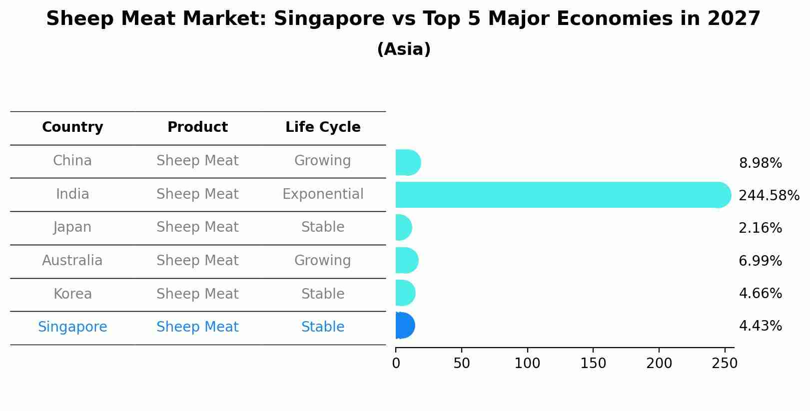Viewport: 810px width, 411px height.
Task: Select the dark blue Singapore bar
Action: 405,326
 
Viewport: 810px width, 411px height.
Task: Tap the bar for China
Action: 407,162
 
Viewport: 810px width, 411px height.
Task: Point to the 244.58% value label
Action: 769,195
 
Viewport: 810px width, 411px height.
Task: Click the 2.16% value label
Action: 760,228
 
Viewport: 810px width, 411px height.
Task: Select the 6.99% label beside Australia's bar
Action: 760,261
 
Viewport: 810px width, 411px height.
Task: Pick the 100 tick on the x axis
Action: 527,364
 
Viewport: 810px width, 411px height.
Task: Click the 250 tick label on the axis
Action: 725,364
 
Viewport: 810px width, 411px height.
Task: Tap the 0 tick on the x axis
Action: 396,364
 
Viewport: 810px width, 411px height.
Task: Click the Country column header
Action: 72,127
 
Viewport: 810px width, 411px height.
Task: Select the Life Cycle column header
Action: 323,127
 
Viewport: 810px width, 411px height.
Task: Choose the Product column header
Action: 197,127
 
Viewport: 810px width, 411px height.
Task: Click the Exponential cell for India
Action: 323,194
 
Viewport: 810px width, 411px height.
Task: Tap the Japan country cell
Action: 72,227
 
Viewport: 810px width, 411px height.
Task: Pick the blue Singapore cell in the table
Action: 72,327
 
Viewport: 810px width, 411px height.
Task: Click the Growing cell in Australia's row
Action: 323,261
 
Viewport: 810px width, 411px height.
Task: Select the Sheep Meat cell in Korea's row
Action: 197,294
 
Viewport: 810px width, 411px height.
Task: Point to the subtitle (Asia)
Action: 404,49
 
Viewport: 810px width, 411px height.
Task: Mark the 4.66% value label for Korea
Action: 760,293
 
